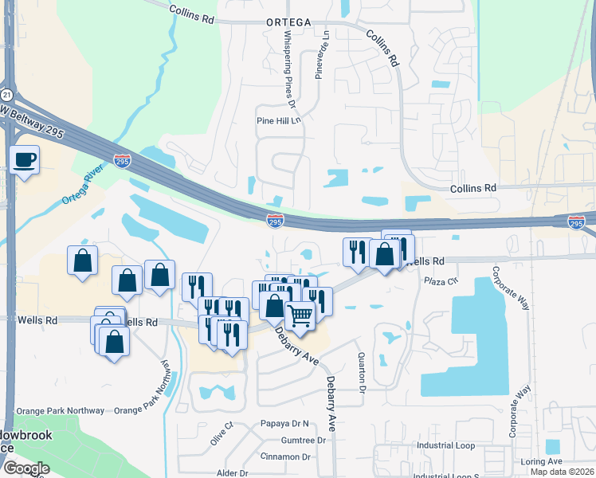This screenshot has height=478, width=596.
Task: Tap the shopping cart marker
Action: point(300,315)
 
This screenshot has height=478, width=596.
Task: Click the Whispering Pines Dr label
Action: point(288,69)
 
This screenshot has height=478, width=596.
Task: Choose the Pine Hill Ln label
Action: point(279,121)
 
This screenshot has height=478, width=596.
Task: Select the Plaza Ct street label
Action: point(441,281)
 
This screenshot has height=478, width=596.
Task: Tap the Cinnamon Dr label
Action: point(285,456)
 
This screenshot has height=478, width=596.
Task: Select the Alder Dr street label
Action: point(233,472)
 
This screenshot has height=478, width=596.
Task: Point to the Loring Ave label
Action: point(541,461)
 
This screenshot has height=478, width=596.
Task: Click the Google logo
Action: point(26,468)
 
